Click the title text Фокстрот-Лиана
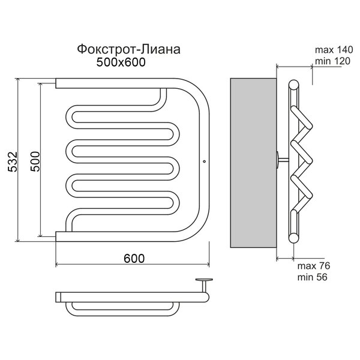click(128, 49)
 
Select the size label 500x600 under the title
click(121, 62)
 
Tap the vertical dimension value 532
click(13, 161)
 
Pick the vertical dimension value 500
click(35, 161)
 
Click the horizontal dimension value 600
click(134, 259)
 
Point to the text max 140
click(334, 50)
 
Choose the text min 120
click(332, 61)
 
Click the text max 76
click(314, 266)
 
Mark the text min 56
click(312, 277)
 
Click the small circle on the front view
click(205, 161)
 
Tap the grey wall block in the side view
click(253, 163)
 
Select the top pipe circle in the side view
click(293, 85)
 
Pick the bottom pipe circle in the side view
click(293, 238)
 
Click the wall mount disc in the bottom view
click(204, 280)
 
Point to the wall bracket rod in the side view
click(284, 160)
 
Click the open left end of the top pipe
click(56, 83)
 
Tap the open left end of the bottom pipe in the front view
click(56, 236)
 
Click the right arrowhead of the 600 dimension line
click(208, 264)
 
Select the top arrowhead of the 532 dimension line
click(17, 80)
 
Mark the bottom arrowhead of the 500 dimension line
click(40, 235)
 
